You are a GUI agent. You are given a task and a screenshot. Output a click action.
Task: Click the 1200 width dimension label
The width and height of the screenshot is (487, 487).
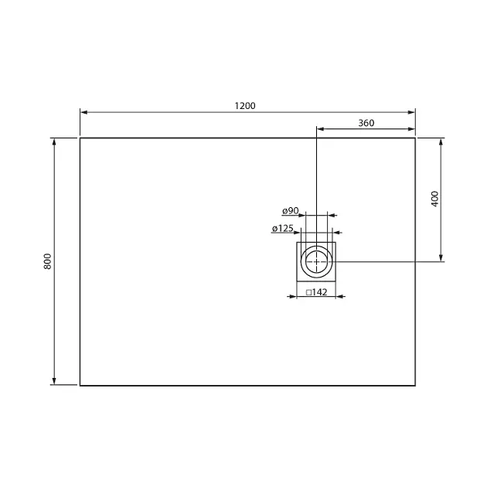245,106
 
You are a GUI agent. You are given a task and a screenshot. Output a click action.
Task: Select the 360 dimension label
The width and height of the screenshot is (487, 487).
366,123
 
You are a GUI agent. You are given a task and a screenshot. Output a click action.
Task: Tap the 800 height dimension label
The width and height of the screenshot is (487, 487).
47,261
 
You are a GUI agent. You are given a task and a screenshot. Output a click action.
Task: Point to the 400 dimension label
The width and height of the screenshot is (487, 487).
434,199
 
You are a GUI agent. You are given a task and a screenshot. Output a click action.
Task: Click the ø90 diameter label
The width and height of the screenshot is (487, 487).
291,211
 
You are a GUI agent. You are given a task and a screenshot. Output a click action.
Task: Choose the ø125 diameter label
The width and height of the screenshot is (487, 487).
283,228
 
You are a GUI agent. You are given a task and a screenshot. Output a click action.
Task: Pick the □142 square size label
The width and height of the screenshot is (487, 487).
316,292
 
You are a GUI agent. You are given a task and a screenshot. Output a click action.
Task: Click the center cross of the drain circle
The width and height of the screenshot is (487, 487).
316,261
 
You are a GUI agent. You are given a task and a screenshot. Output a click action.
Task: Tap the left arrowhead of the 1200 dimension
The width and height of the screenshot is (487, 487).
83,112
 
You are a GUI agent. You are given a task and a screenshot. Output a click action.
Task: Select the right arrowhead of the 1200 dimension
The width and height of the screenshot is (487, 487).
411,112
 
